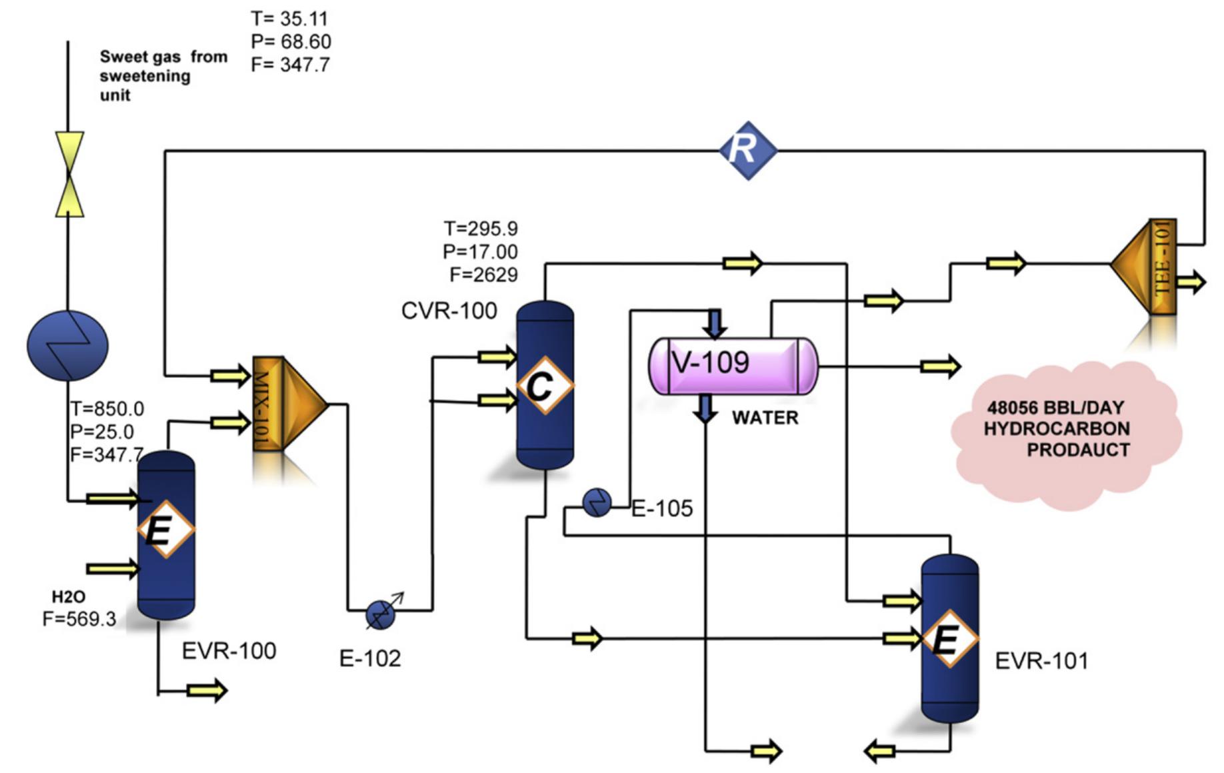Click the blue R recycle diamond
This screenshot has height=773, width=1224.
point(748,150)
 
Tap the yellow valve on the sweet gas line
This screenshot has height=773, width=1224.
point(69,174)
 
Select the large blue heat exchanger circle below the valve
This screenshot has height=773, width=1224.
point(67,345)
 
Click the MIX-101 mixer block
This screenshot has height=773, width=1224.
point(287,404)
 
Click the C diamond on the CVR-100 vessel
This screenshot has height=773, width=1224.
point(544,385)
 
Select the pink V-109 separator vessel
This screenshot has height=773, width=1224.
point(733,366)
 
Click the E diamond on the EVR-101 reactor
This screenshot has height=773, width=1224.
point(949,638)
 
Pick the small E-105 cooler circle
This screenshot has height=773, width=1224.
point(597,502)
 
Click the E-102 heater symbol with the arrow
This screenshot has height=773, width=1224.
point(381,614)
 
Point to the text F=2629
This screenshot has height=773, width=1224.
point(483,275)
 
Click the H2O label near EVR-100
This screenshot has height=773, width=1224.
point(69,596)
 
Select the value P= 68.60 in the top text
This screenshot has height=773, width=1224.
point(291,42)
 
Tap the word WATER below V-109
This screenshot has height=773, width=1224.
point(765,418)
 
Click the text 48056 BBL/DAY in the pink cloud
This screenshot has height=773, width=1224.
point(1055,407)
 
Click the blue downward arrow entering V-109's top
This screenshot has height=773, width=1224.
point(715,323)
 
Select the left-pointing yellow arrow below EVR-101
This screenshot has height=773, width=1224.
point(879,752)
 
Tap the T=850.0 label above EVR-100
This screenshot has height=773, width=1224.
point(107,408)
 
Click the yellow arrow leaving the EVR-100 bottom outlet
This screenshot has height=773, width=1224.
point(207,690)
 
